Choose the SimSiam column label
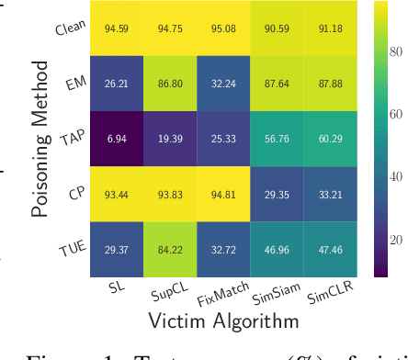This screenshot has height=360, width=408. tap(273, 292)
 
